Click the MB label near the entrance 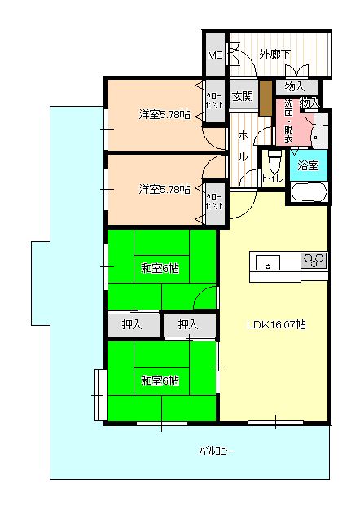point(214,55)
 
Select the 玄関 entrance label point(242,96)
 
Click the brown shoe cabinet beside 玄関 point(265,97)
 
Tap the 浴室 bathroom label point(308,166)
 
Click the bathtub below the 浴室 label point(308,192)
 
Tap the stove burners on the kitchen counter point(313,261)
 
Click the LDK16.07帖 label point(276,323)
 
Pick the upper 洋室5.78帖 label point(164,115)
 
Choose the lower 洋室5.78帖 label point(164,189)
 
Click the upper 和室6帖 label point(160,267)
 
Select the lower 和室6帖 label point(160,380)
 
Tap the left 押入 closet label point(132,324)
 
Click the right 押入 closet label point(188,324)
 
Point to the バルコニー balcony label point(215,451)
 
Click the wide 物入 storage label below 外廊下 point(295,86)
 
